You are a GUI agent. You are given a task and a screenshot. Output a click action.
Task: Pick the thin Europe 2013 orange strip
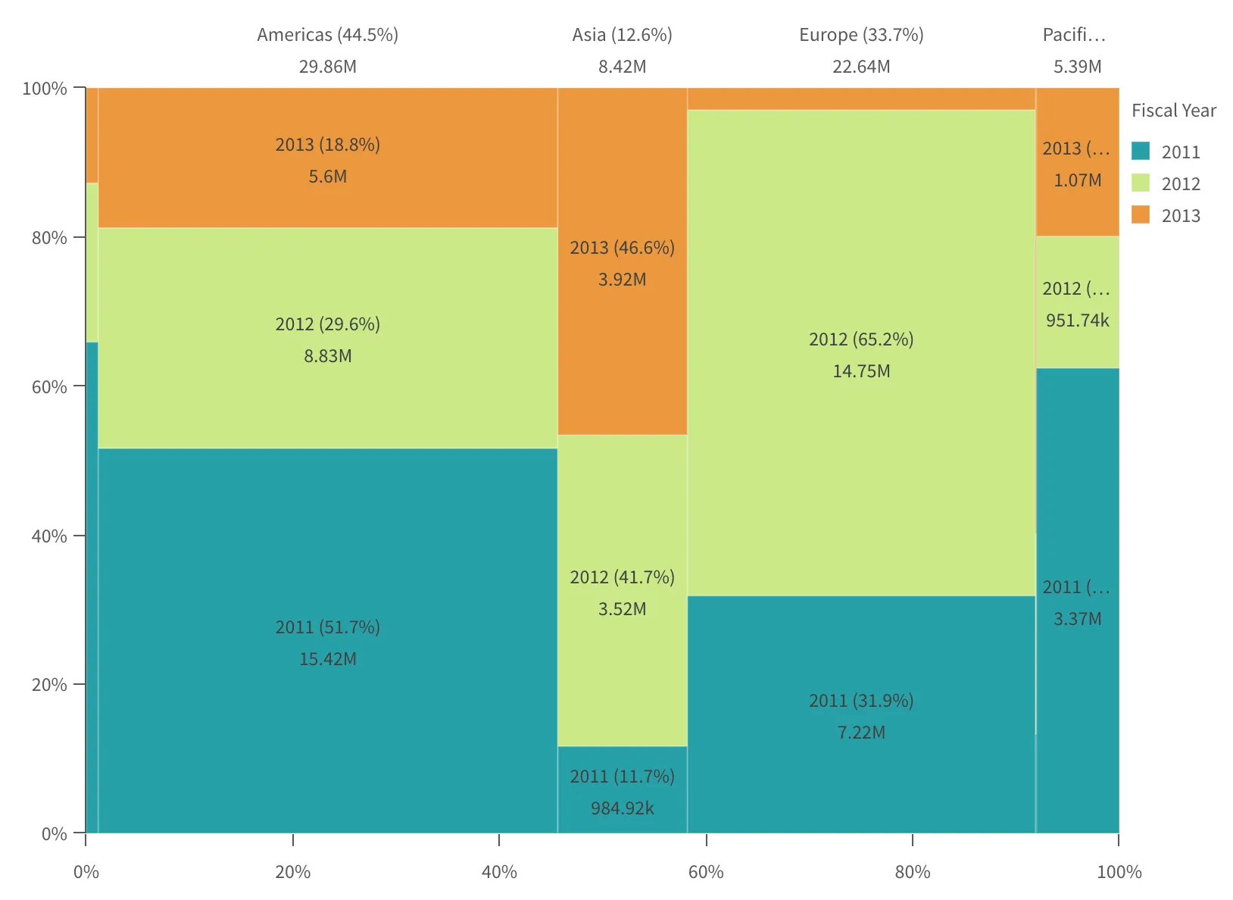861,98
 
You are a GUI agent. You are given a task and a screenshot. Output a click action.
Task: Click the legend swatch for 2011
1140,151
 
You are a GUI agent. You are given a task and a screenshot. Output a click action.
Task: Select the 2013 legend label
1181,216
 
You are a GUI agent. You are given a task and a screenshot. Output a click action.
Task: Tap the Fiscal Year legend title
1173,111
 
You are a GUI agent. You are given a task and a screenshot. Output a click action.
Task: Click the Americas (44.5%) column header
327,35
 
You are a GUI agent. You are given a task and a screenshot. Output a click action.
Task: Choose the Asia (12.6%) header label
622,35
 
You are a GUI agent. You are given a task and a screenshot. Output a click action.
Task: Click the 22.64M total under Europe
861,67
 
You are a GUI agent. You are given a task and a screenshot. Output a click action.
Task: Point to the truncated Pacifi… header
1074,35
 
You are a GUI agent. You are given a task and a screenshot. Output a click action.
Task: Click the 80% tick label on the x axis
913,872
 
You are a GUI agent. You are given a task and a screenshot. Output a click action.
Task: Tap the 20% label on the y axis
48,685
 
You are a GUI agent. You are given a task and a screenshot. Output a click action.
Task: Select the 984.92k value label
622,808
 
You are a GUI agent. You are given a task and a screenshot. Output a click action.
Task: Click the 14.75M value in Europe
861,371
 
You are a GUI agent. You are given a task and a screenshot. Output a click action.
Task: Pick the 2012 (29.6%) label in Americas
327,324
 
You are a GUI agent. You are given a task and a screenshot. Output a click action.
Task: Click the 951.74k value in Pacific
1077,320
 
